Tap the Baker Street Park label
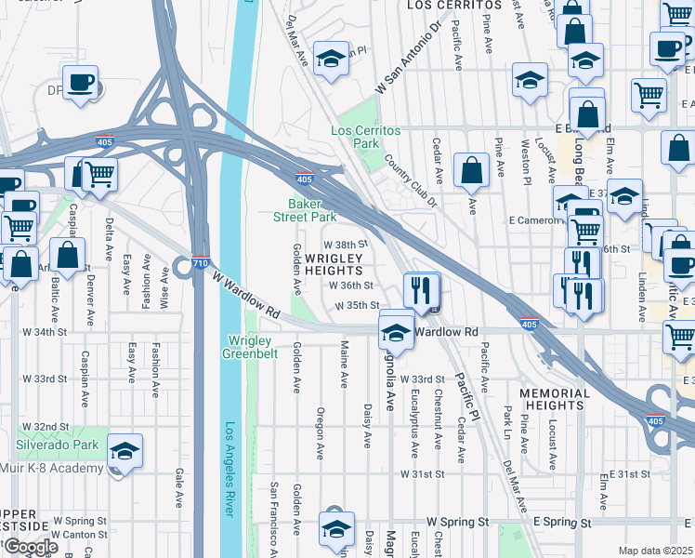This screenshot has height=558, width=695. click(x=311, y=209)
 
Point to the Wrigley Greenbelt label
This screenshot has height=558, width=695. click(x=250, y=346)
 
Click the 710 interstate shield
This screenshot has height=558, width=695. click(x=201, y=262)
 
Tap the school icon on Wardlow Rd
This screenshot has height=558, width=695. click(x=396, y=332)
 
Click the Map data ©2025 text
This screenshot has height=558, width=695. click(x=655, y=551)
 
